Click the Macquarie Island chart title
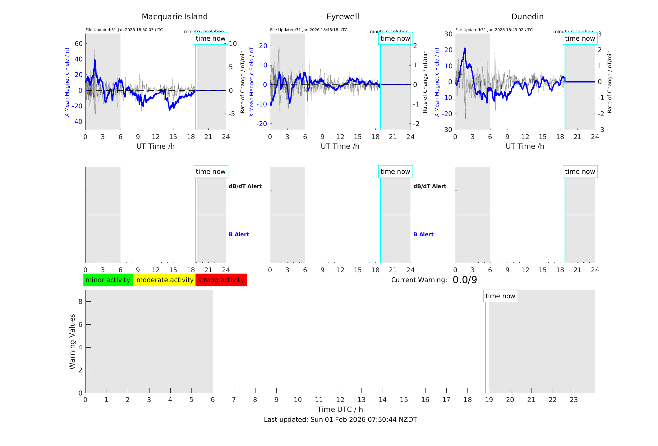click(174, 17)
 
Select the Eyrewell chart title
click(343, 17)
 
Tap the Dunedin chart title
click(527, 17)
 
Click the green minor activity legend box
click(108, 280)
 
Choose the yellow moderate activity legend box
click(165, 280)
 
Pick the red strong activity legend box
click(221, 280)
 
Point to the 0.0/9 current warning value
click(465, 280)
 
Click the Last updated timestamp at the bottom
click(340, 420)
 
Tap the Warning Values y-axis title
click(72, 341)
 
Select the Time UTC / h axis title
click(340, 409)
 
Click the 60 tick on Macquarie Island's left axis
click(79, 44)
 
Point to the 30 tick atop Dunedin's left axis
click(448, 34)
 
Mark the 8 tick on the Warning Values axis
click(80, 301)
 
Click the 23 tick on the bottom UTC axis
click(573, 400)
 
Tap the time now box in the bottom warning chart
click(500, 296)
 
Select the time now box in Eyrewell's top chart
click(395, 38)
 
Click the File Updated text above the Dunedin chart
click(494, 30)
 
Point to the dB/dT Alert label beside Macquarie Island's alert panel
click(245, 186)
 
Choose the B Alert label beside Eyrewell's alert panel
click(423, 234)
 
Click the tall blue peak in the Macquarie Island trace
click(95, 61)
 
